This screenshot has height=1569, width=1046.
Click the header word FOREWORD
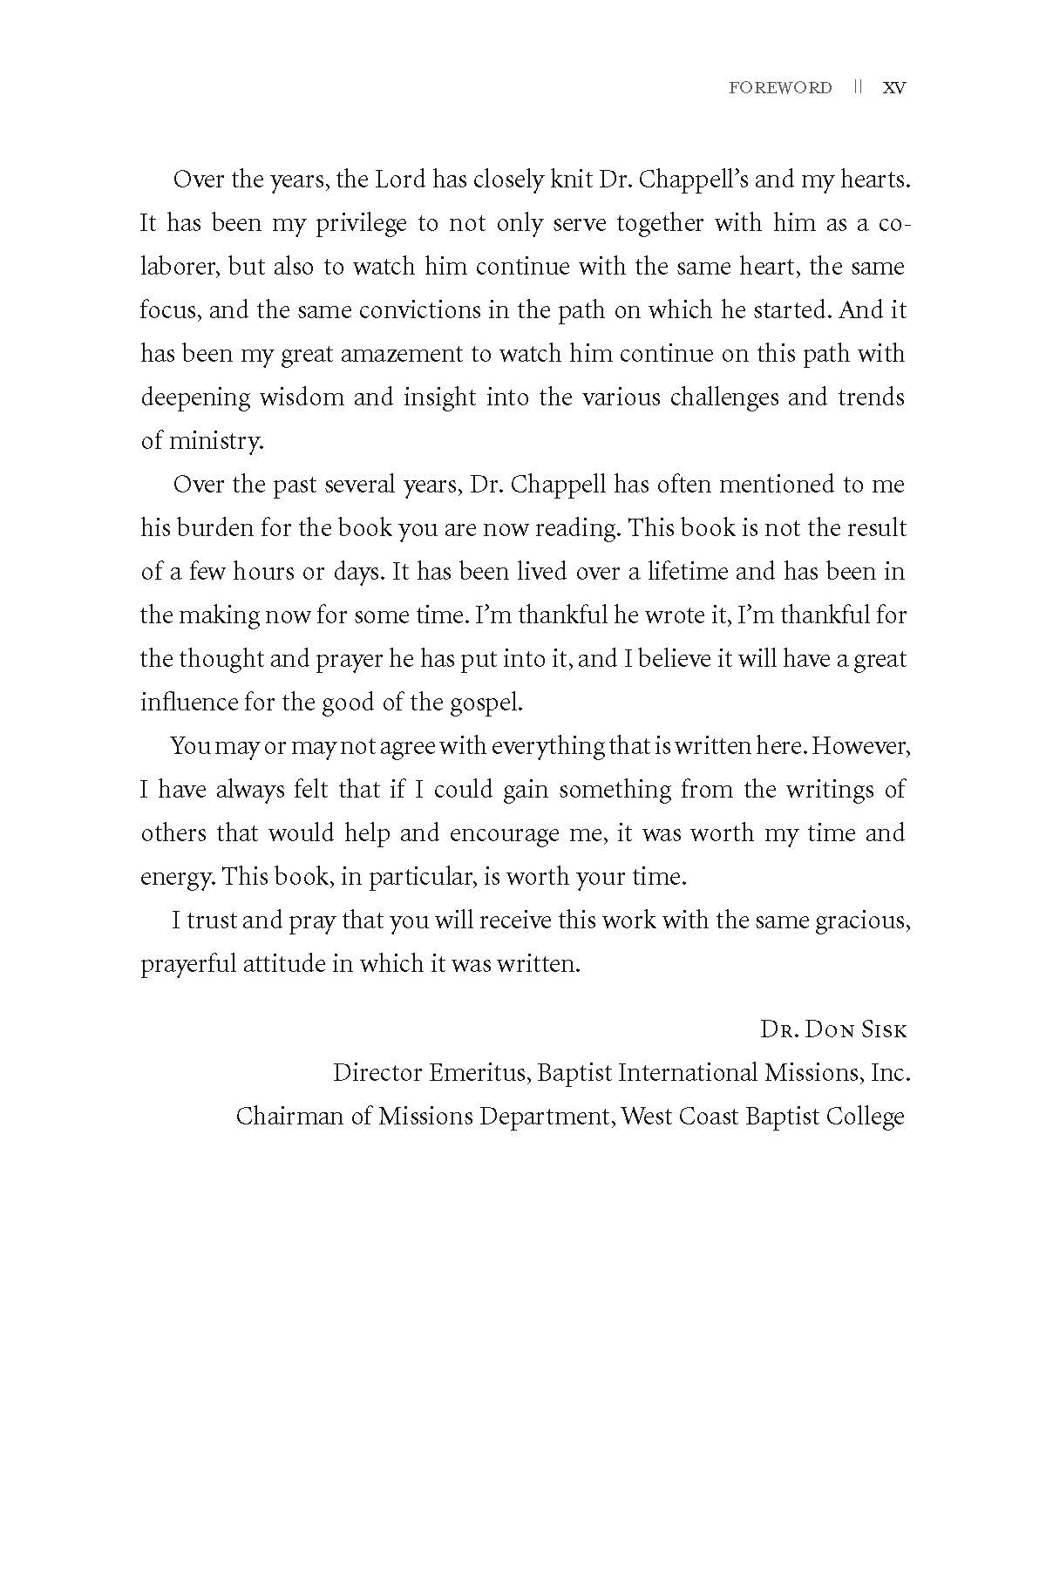pos(780,88)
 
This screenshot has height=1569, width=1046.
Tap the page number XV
pos(894,88)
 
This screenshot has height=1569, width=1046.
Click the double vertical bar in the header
pos(858,88)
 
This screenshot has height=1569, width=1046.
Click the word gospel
pos(482,703)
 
